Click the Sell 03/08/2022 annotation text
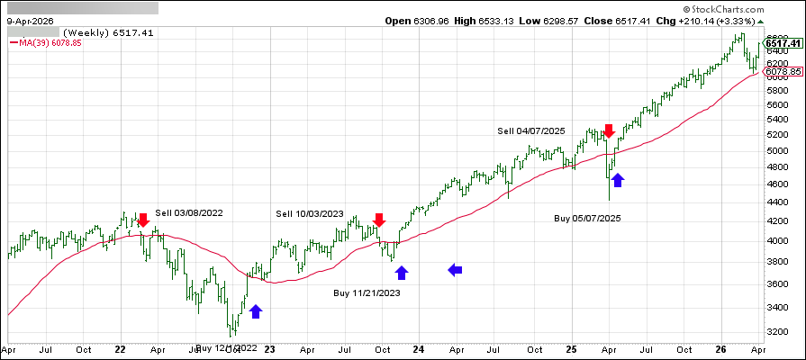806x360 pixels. click(190, 213)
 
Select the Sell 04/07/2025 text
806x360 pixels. click(531, 130)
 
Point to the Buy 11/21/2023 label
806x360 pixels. click(367, 292)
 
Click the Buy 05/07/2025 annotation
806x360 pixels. click(587, 218)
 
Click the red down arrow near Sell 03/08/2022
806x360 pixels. click(142, 220)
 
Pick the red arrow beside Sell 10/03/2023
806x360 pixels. click(379, 220)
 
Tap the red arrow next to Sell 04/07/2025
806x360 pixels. click(609, 131)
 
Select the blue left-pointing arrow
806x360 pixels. click(457, 268)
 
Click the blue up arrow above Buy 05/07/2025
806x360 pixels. click(618, 180)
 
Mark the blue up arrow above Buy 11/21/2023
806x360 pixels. click(402, 271)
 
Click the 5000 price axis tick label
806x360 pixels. click(775, 151)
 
